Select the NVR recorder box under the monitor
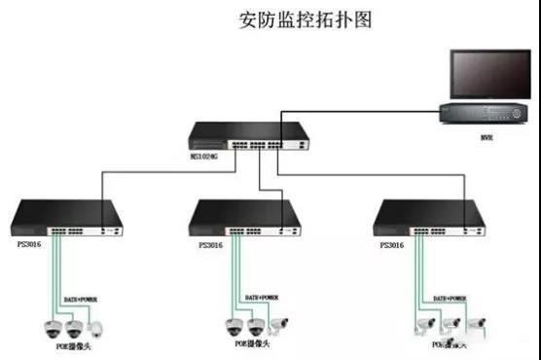coord(481,114)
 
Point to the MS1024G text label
coord(204,154)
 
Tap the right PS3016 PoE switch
coord(428,219)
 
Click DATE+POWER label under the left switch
coord(81,299)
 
